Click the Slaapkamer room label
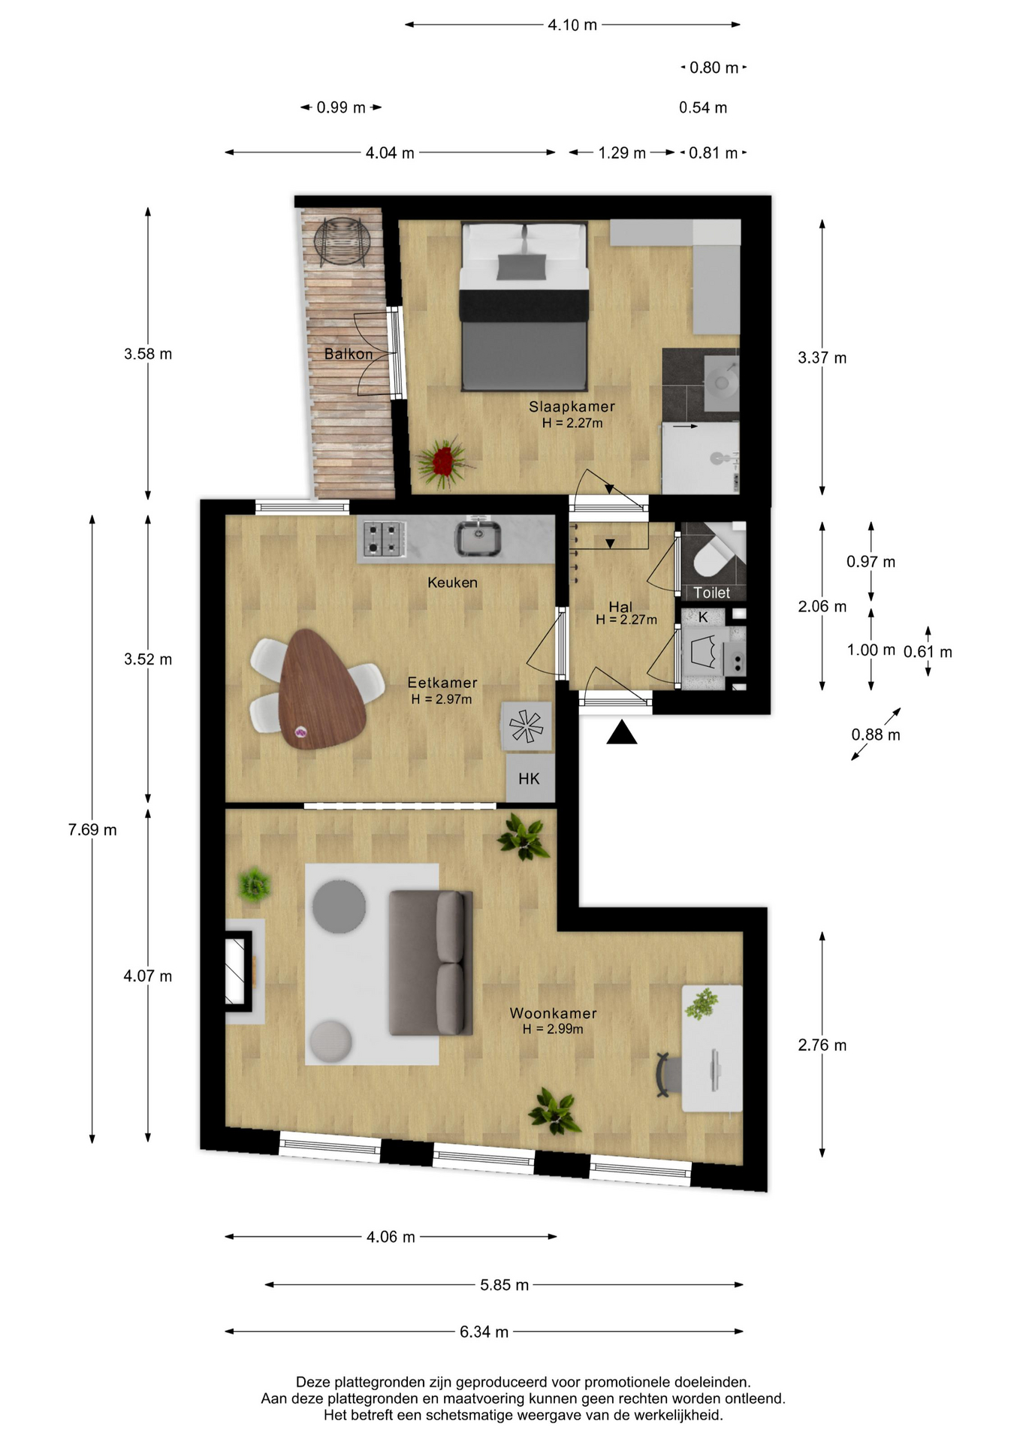point(572,406)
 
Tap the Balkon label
point(349,354)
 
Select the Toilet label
point(711,593)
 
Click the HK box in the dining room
point(530,778)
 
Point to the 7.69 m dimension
point(92,829)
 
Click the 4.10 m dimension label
point(572,25)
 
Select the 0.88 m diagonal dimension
point(876,734)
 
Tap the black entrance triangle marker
point(622,732)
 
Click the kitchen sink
point(478,538)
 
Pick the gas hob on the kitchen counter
point(384,539)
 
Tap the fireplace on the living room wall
point(240,970)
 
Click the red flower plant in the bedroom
point(445,460)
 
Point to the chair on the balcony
point(343,241)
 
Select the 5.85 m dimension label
point(504,1285)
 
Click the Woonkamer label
point(554,1013)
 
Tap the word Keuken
point(452,582)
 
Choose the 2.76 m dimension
point(822,1045)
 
